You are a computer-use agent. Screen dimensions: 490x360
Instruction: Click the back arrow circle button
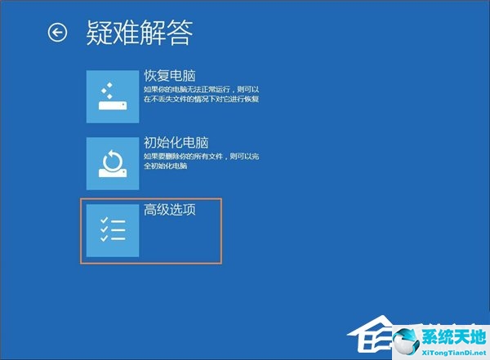(57, 32)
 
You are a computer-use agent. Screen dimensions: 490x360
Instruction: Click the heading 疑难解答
(140, 33)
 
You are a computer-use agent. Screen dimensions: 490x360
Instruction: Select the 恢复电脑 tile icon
(113, 96)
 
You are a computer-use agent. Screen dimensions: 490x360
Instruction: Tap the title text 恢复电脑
(170, 76)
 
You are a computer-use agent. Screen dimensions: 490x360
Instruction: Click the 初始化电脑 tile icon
(113, 163)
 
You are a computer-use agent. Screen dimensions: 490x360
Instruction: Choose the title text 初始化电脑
(176, 143)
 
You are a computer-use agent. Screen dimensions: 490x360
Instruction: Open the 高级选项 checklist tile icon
(113, 231)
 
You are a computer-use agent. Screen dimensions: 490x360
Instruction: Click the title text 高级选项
(170, 209)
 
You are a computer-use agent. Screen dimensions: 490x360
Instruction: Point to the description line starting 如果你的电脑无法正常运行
(201, 89)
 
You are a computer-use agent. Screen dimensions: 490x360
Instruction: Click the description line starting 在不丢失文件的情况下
(201, 99)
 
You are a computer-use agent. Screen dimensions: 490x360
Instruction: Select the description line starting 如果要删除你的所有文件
(201, 156)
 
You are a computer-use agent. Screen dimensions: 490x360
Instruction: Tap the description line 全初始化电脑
(165, 166)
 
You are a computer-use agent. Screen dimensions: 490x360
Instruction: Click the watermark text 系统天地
(454, 337)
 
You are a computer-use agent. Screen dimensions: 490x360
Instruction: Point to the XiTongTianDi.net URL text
(454, 353)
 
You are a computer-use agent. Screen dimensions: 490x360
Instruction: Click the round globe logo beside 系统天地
(406, 342)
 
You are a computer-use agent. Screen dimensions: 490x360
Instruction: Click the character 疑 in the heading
(99, 33)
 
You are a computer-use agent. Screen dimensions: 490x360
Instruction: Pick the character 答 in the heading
(180, 33)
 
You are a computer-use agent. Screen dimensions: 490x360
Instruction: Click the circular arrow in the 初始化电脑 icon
(113, 161)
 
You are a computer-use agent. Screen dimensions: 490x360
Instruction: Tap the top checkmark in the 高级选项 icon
(104, 220)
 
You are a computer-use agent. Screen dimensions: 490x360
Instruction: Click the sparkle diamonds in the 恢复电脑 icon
(107, 91)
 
